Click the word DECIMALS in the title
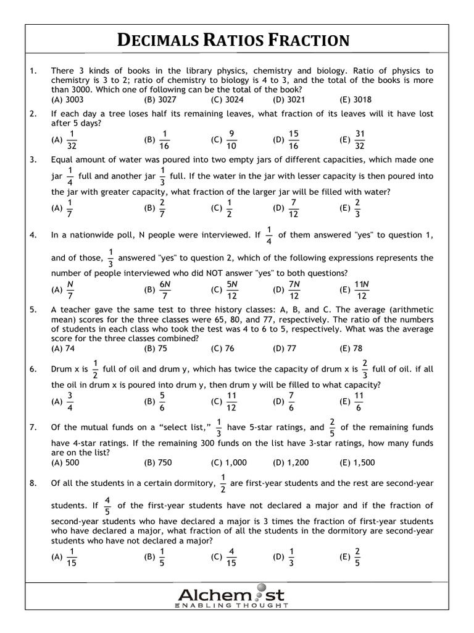point(159,41)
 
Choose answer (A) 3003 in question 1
point(67,99)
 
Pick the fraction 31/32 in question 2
point(360,140)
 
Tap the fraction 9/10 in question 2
point(231,140)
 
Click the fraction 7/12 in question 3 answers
point(294,208)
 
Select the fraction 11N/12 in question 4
point(362,289)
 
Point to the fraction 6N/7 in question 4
point(165,289)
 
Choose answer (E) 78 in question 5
point(351,348)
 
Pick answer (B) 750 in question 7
point(157,462)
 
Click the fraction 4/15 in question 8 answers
point(231,556)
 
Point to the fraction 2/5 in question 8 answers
point(357,556)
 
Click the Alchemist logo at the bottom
point(231,595)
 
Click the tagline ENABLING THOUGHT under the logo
point(231,606)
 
